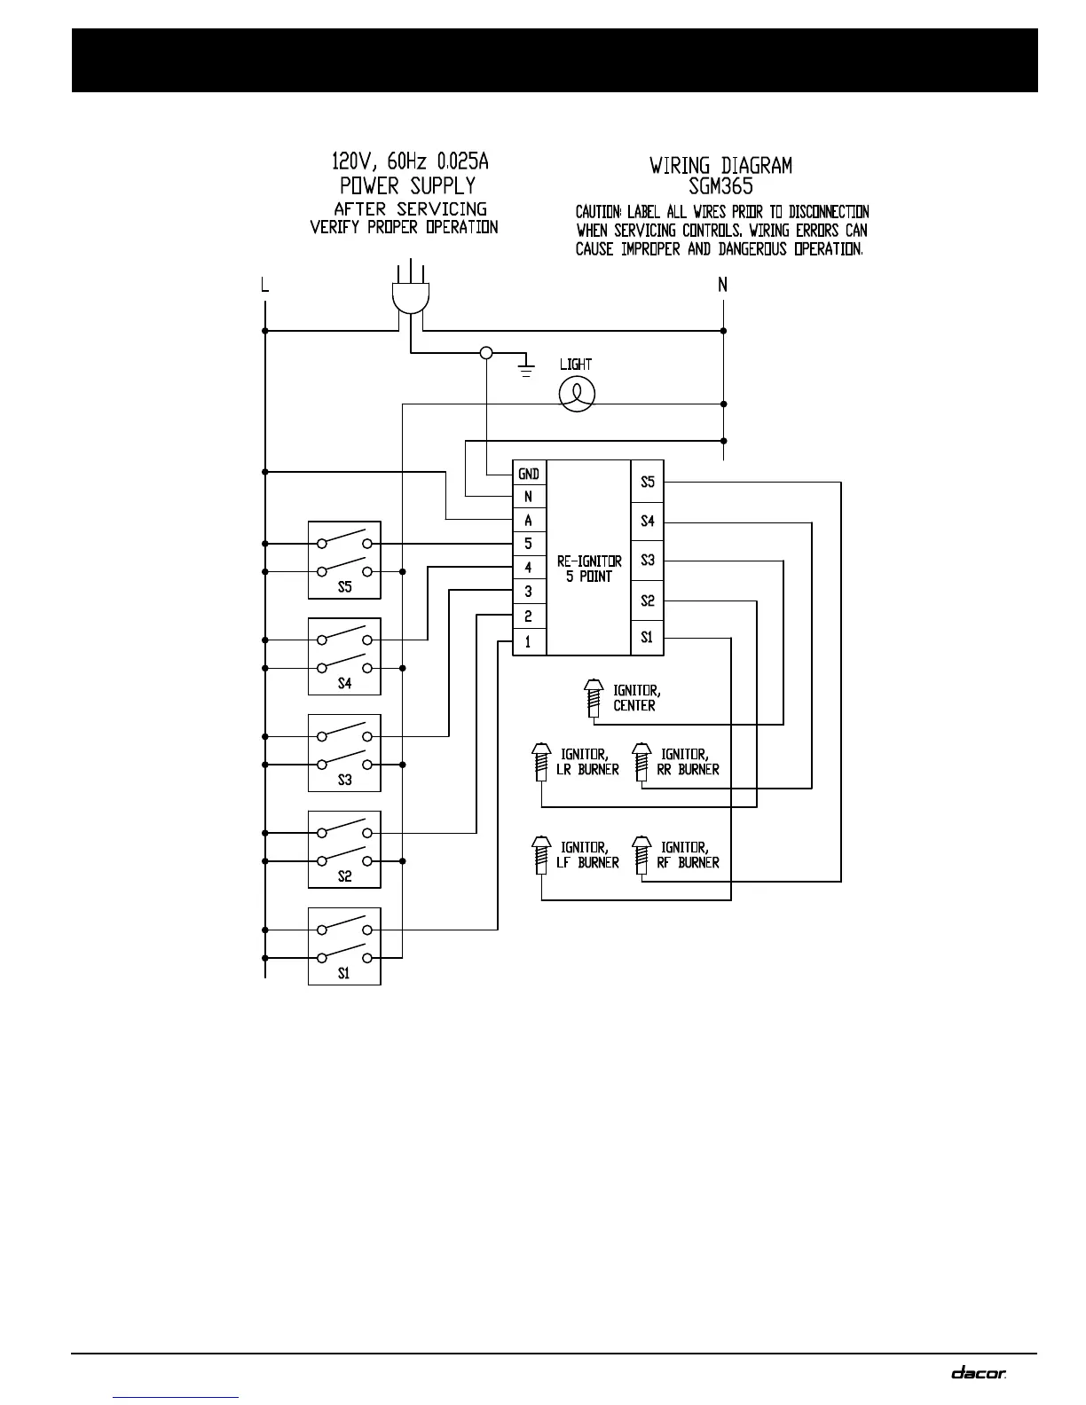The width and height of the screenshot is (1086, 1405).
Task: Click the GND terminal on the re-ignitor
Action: (x=529, y=474)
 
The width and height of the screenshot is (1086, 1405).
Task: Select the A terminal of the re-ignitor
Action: (x=529, y=521)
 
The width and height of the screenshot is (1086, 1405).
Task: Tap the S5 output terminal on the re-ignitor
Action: (x=648, y=482)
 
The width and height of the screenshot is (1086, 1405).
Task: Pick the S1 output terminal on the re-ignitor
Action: (x=648, y=637)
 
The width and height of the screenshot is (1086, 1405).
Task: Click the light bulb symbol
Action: (x=577, y=393)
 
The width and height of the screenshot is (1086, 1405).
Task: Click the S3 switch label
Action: (x=344, y=781)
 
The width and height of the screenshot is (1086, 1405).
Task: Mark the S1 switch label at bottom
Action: (x=344, y=973)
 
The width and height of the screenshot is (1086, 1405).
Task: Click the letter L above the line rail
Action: (x=264, y=286)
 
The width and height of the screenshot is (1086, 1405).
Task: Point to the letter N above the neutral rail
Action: (x=723, y=285)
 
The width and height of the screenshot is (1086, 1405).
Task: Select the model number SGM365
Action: (x=720, y=186)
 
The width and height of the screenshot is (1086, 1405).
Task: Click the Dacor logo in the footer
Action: (x=979, y=1372)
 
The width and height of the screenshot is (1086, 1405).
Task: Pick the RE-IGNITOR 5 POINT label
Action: (x=589, y=568)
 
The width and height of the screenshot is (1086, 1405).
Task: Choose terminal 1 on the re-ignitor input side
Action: (x=529, y=641)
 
